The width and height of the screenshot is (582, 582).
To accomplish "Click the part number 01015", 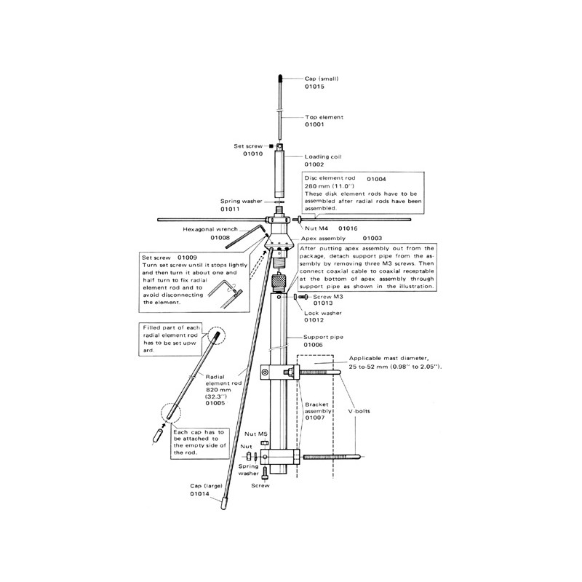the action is (x=314, y=87).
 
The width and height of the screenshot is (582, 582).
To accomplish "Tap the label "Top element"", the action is (x=324, y=117).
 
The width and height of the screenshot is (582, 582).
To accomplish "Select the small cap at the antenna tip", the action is (x=280, y=79).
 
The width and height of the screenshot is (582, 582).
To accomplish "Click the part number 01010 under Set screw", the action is (x=252, y=154).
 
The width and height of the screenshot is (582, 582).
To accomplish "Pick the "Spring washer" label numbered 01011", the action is (x=242, y=202).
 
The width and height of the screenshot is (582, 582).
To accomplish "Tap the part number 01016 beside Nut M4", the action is (x=348, y=228).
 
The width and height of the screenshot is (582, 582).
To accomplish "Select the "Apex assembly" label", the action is (x=323, y=239).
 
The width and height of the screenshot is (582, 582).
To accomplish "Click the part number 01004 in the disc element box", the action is (x=376, y=179).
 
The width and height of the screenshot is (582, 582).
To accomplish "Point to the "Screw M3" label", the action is (x=328, y=297).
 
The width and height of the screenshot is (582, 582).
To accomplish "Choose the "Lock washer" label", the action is (x=323, y=313).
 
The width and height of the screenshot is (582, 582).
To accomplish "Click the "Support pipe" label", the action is (x=323, y=337).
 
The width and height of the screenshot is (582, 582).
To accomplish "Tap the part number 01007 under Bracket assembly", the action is (x=314, y=418).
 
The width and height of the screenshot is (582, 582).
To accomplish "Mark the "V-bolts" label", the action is (x=359, y=411).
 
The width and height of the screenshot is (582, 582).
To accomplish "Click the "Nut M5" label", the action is (x=256, y=434).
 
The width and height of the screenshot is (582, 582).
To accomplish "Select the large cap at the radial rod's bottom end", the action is (x=223, y=504).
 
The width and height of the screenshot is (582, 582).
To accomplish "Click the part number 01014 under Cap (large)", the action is (x=199, y=494).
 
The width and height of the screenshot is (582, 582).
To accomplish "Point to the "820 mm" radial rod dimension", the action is (x=218, y=390).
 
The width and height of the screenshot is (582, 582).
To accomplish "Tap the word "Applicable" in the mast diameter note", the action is (x=364, y=358).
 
